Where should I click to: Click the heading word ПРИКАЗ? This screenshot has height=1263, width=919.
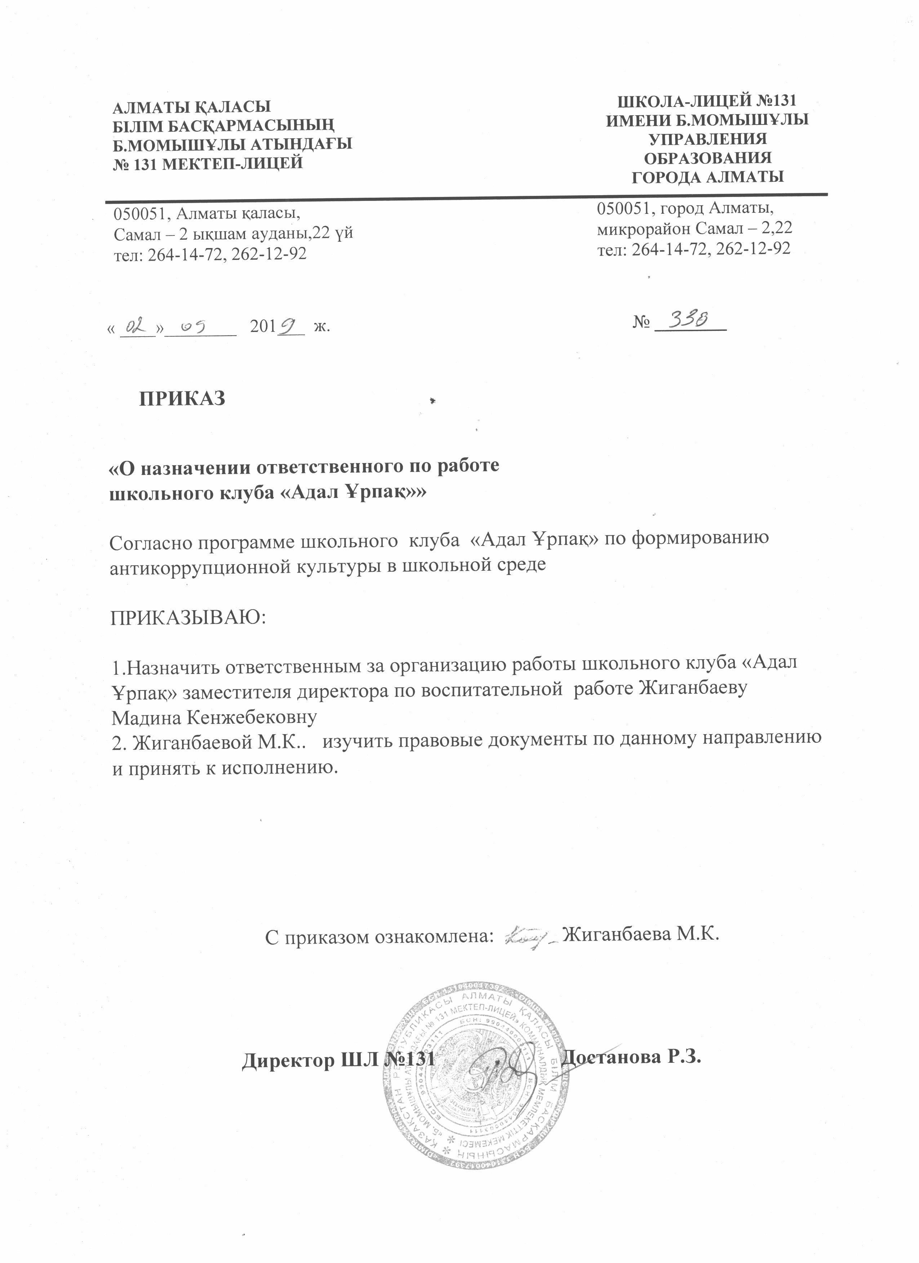tap(182, 398)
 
